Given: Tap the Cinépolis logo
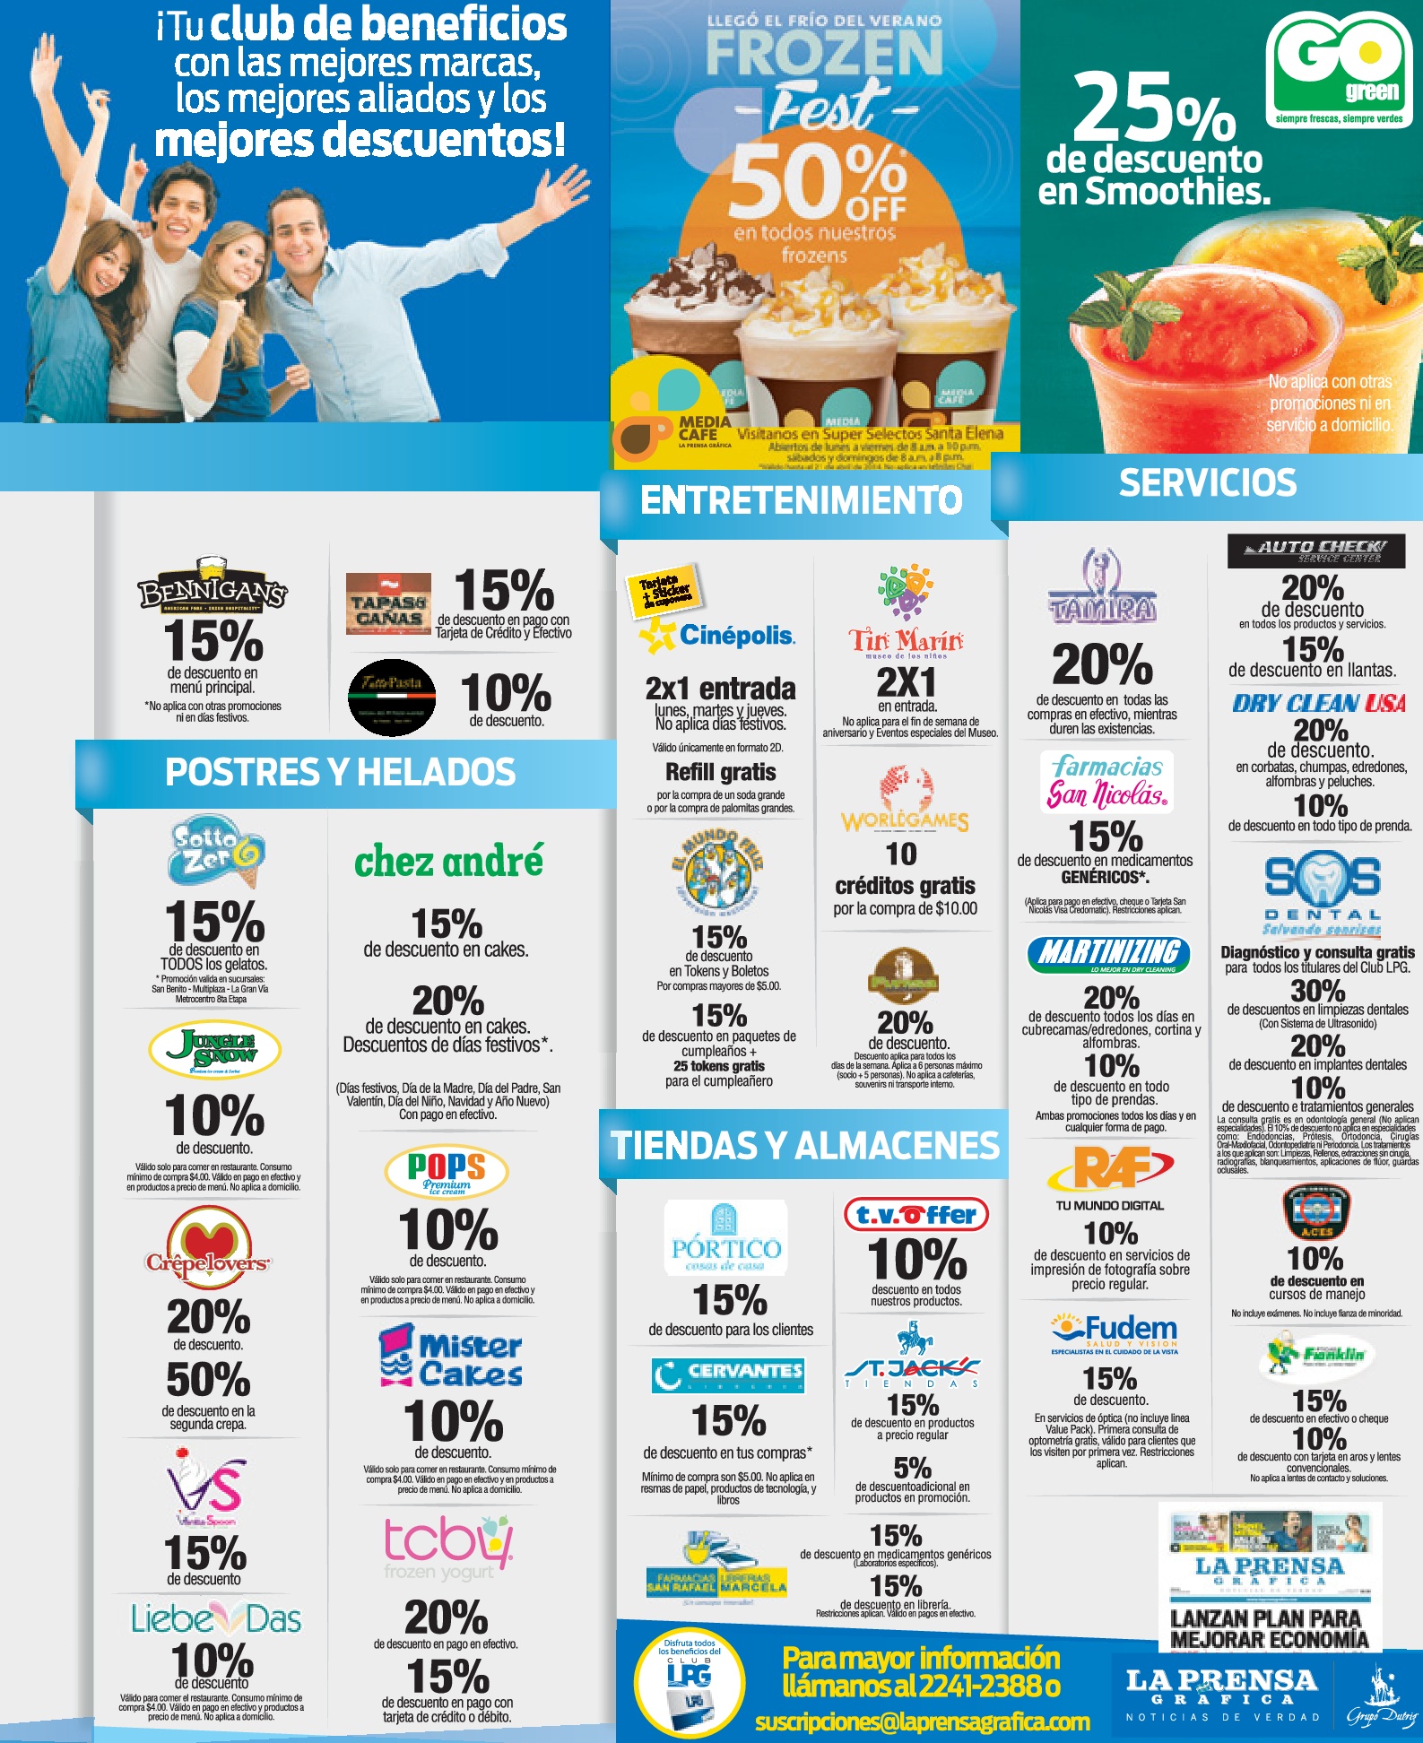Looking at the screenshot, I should tap(717, 635).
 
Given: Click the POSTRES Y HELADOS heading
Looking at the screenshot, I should tap(340, 772).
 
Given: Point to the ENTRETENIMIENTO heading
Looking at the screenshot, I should tap(801, 500).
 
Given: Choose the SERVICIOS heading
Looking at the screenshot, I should tap(1207, 483).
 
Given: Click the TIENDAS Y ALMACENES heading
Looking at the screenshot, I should tap(804, 1146).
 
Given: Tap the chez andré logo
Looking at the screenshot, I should tap(448, 861).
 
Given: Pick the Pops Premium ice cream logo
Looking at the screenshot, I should tap(447, 1171).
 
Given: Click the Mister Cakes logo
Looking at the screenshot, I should tap(452, 1358).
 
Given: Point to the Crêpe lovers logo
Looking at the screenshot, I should tap(208, 1244).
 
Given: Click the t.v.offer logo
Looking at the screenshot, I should tap(915, 1215).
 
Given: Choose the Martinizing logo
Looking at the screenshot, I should tap(1108, 954).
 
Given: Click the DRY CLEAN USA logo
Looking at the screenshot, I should tap(1318, 703).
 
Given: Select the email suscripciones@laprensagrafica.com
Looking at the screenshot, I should tap(922, 1721).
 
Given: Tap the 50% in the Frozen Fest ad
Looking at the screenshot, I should tap(816, 183).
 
